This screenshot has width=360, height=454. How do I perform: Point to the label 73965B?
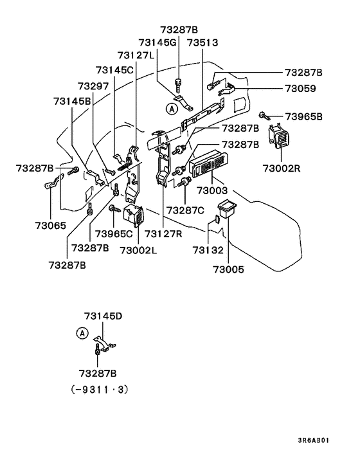tap(304, 116)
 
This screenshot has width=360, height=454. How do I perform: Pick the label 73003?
tap(213, 191)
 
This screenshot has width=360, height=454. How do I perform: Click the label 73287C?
tap(185, 210)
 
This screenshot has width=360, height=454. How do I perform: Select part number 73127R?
tap(165, 233)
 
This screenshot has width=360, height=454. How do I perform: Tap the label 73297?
tap(94, 86)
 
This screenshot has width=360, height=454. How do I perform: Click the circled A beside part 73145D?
tap(81, 333)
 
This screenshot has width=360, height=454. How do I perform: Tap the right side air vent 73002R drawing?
tap(281, 138)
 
